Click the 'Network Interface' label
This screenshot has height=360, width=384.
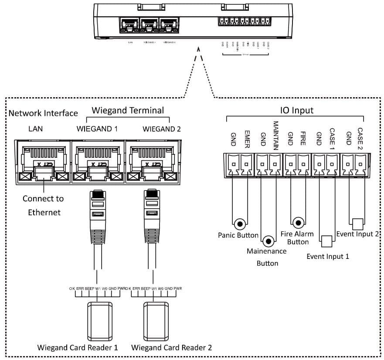[43, 113]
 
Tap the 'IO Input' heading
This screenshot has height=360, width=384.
[297, 110]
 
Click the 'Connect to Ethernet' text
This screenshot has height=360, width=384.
[43, 205]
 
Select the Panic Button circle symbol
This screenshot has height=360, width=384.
[239, 224]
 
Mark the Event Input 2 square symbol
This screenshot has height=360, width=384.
[357, 224]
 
